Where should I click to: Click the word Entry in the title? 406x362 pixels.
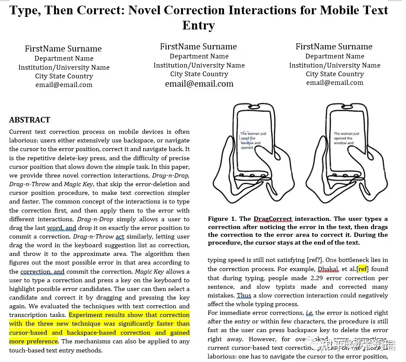[x=198, y=25]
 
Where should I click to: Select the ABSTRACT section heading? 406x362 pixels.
[x=29, y=120]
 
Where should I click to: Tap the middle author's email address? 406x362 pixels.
[x=199, y=84]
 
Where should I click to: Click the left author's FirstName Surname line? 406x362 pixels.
[x=63, y=49]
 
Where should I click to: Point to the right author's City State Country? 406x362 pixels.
[x=335, y=74]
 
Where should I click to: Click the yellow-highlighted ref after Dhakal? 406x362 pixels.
[x=363, y=269]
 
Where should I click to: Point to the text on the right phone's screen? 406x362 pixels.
[x=346, y=138]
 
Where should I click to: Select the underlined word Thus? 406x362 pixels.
[x=244, y=295]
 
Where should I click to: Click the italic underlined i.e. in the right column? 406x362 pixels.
[x=309, y=313]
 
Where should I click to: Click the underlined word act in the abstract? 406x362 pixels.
[x=120, y=236]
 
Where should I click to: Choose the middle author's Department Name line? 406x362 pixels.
[x=199, y=56]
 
